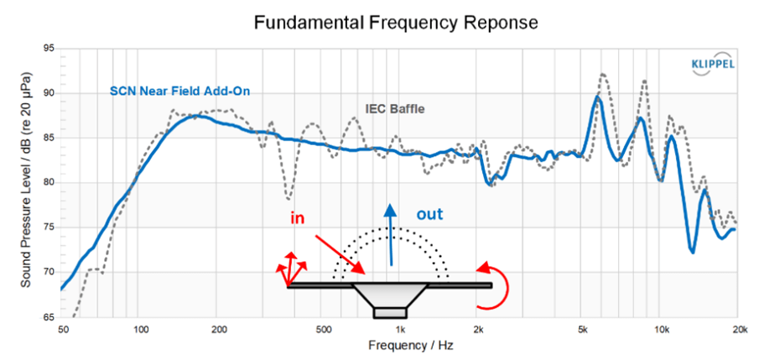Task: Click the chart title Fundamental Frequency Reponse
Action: pyautogui.click(x=395, y=23)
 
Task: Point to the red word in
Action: pyautogui.click(x=297, y=218)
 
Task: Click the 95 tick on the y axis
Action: pyautogui.click(x=48, y=50)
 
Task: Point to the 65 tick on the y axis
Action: pyautogui.click(x=48, y=317)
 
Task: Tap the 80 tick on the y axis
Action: pyautogui.click(x=48, y=184)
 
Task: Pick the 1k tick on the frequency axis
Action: pyautogui.click(x=401, y=329)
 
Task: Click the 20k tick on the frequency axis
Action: pyautogui.click(x=737, y=329)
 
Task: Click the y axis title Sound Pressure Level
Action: pyautogui.click(x=26, y=183)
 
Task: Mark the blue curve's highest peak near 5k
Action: pyautogui.click(x=598, y=97)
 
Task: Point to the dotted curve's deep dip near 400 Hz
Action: pyautogui.click(x=289, y=198)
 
